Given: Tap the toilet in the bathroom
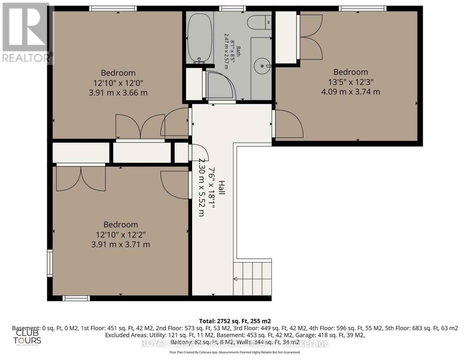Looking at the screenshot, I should click(x=259, y=22).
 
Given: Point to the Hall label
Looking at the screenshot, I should click(x=221, y=187).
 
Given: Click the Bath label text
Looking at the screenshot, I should click(x=238, y=51).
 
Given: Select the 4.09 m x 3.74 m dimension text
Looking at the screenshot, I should click(x=350, y=91).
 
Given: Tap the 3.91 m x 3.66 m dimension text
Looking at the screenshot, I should click(x=118, y=92).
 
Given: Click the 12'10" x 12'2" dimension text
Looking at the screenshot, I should click(x=121, y=234).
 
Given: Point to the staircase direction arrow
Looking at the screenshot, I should click(x=235, y=279).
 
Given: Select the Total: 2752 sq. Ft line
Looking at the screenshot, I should click(x=235, y=321).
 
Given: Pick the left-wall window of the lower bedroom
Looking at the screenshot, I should click(x=50, y=263).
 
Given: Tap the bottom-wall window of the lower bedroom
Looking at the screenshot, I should click(x=76, y=298).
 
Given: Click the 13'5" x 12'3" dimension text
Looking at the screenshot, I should click(x=350, y=82).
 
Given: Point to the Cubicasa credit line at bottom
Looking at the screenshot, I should click(x=235, y=352).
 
